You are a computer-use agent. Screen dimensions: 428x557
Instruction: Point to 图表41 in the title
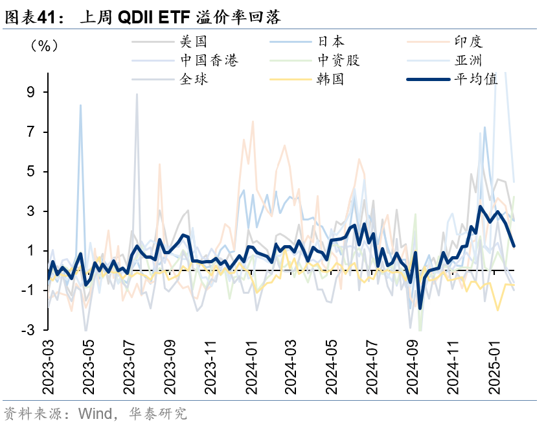tap(29, 18)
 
